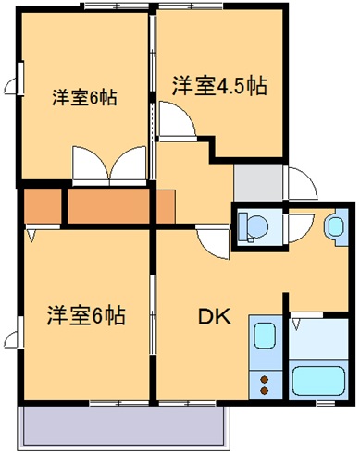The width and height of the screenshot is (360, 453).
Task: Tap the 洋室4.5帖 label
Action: click(219, 87)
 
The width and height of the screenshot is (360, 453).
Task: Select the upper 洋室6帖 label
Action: click(83, 97)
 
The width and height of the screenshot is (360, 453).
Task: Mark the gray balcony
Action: click(124, 425)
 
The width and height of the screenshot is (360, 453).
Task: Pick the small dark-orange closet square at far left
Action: click(41, 207)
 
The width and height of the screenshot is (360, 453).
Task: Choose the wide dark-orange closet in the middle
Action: click(109, 207)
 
